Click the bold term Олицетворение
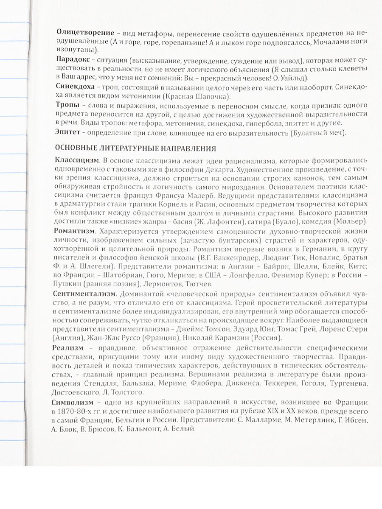click(84, 33)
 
